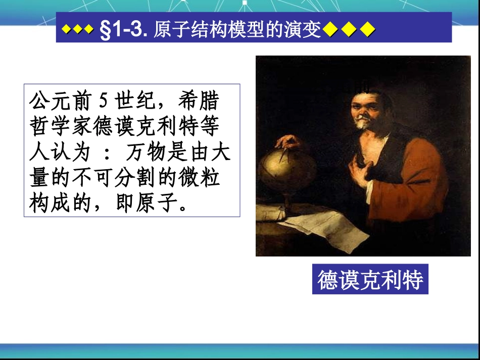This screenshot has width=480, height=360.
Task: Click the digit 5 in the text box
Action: [x=103, y=101]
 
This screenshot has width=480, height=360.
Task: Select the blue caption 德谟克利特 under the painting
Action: [x=370, y=279]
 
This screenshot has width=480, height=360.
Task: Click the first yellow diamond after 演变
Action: [x=329, y=31]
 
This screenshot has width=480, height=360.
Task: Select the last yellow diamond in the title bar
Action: [x=368, y=31]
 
